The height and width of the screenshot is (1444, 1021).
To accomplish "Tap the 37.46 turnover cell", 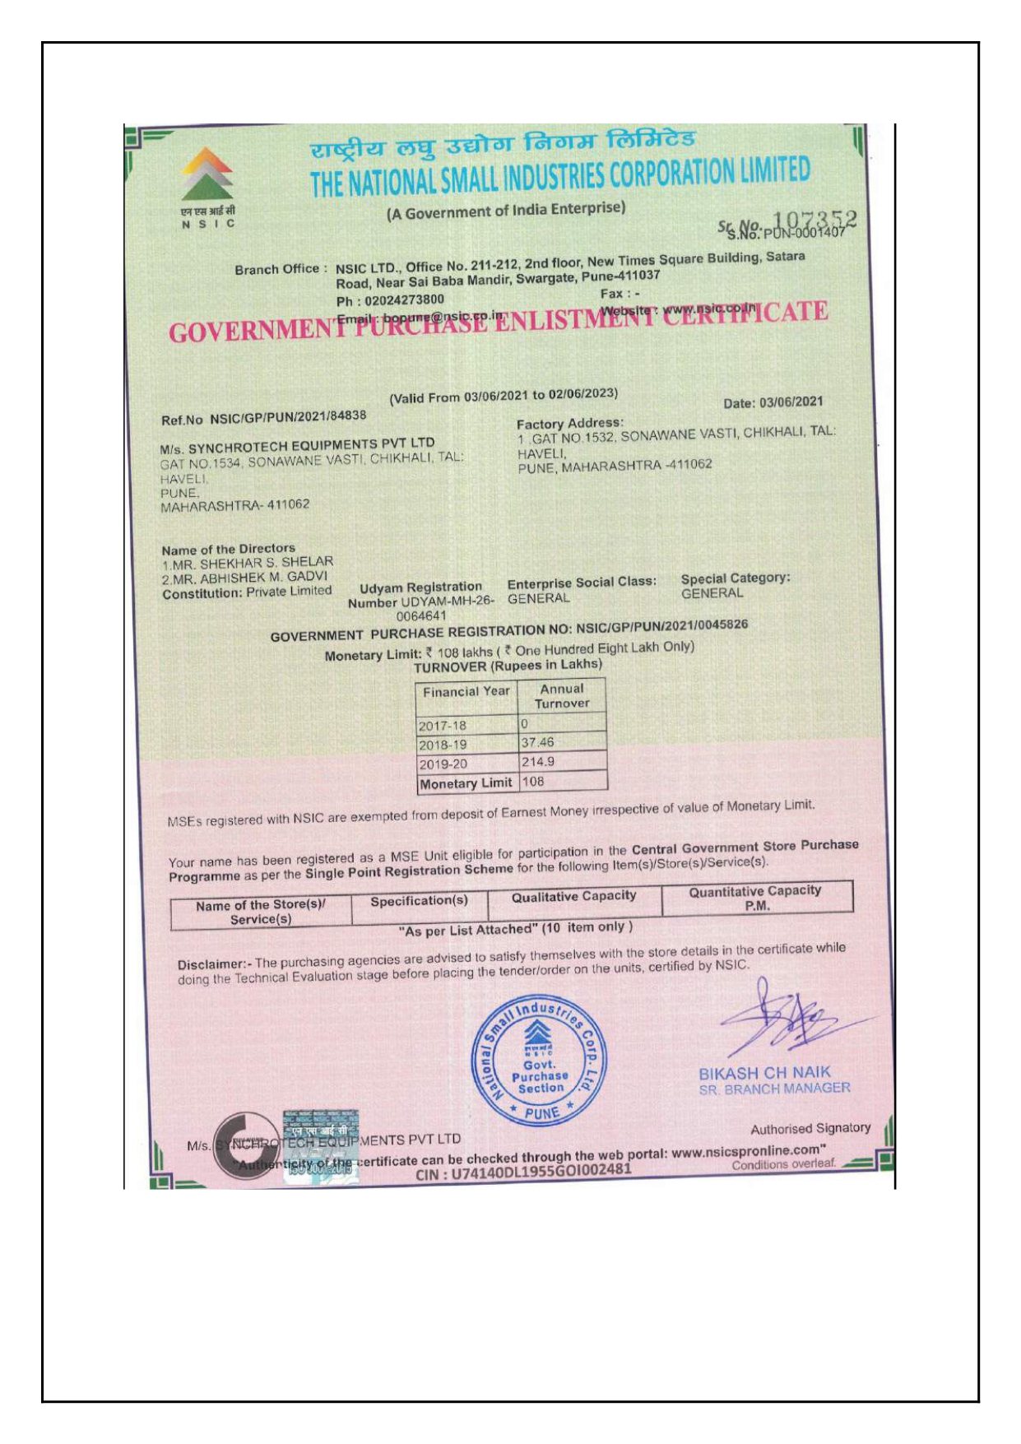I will (538, 742).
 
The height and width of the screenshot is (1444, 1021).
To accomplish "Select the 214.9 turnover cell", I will (538, 762).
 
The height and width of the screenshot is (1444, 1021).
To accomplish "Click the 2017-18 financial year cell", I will (443, 726).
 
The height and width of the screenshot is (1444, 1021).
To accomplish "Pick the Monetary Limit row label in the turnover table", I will (466, 783).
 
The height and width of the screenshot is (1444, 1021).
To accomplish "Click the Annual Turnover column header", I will (562, 696).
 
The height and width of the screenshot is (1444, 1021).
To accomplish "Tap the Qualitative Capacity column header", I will (574, 896).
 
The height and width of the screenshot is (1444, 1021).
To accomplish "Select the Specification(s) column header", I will (419, 901).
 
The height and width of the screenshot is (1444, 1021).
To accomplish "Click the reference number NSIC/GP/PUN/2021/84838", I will (288, 417).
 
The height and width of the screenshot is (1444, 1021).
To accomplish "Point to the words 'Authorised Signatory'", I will (810, 1128).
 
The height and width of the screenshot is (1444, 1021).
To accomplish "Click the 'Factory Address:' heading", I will (569, 423).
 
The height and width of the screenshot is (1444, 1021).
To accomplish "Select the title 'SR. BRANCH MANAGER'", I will (774, 1089).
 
